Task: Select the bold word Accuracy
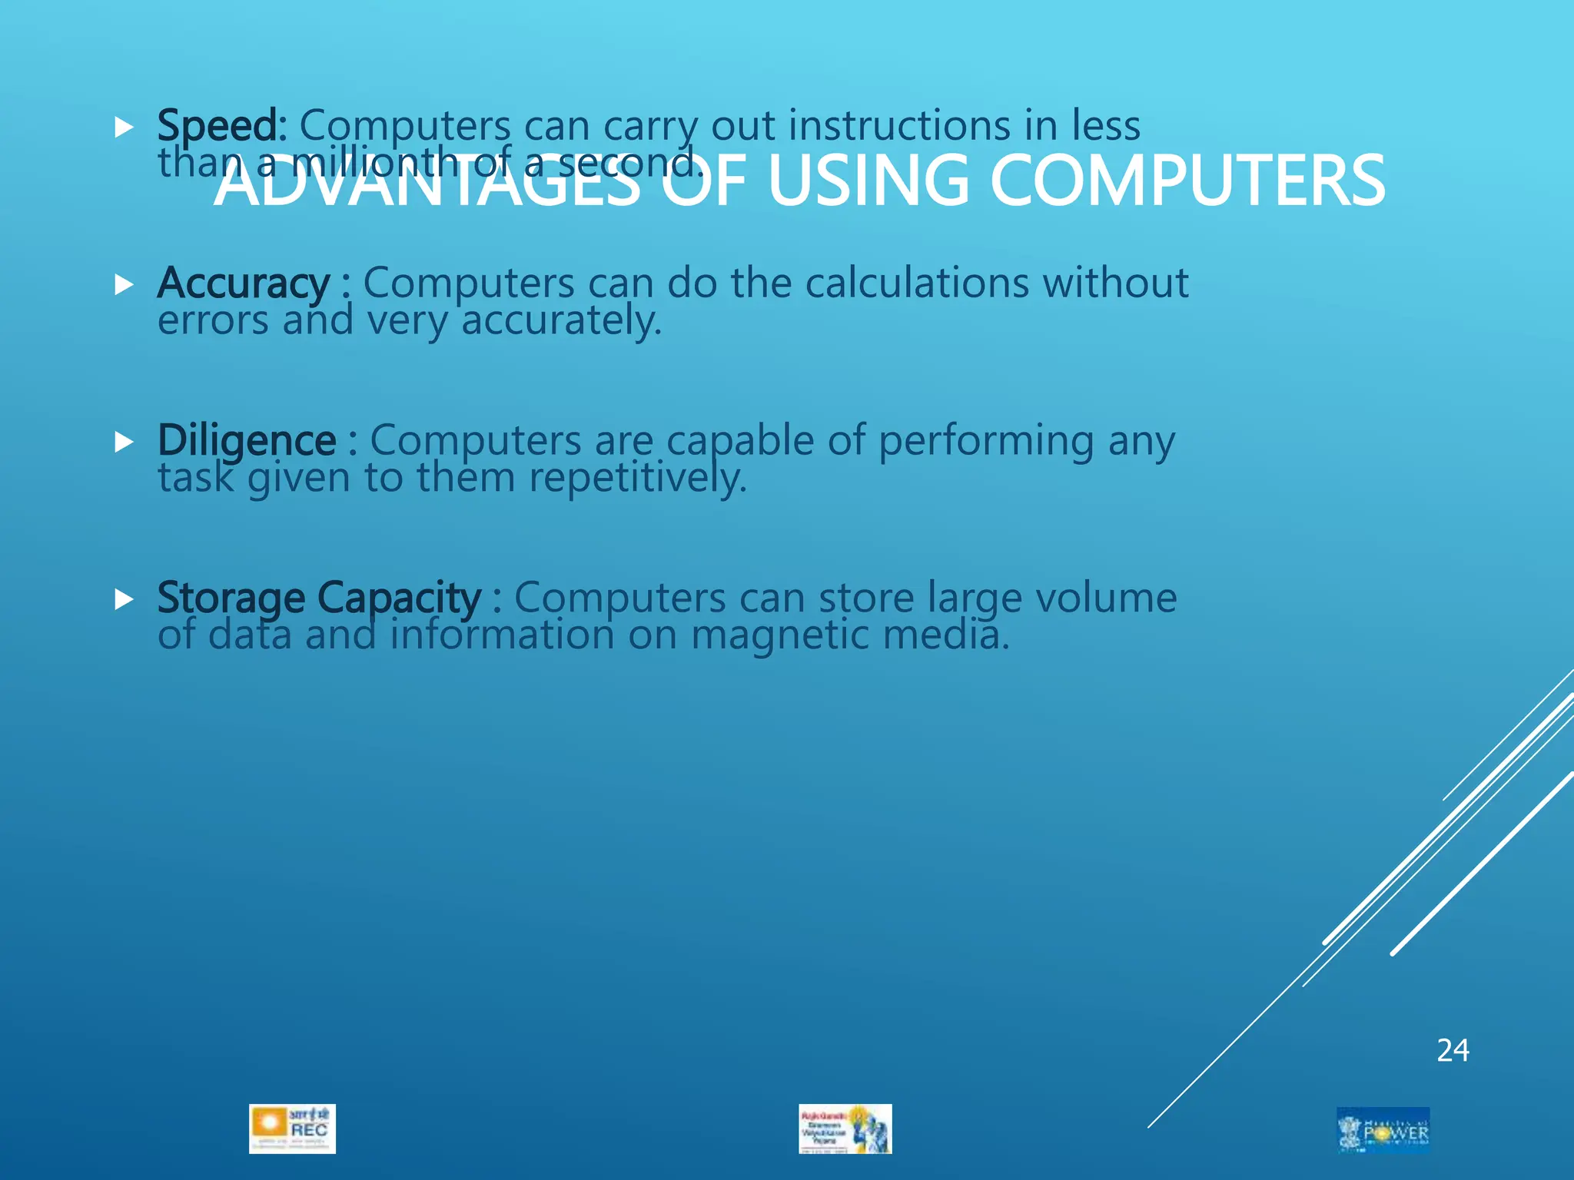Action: click(x=244, y=283)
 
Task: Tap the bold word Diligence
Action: click(x=247, y=441)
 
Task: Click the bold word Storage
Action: click(x=231, y=598)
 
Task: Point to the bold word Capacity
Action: click(x=399, y=598)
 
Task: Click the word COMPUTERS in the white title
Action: click(x=1187, y=181)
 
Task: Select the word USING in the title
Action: click(x=868, y=181)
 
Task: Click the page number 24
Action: click(x=1453, y=1050)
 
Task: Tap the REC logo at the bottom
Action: click(x=292, y=1129)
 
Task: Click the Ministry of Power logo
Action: click(x=1383, y=1129)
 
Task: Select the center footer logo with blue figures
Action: click(x=845, y=1129)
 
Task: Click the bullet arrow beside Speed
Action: click(x=124, y=128)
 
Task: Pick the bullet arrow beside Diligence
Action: click(x=124, y=442)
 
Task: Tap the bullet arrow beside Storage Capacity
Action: click(x=124, y=599)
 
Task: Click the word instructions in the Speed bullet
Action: click(x=899, y=126)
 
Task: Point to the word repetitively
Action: click(x=637, y=478)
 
